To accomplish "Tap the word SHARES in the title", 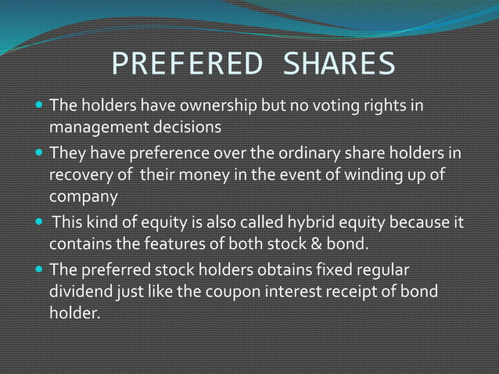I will click(339, 65).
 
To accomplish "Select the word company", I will click(83, 193).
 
